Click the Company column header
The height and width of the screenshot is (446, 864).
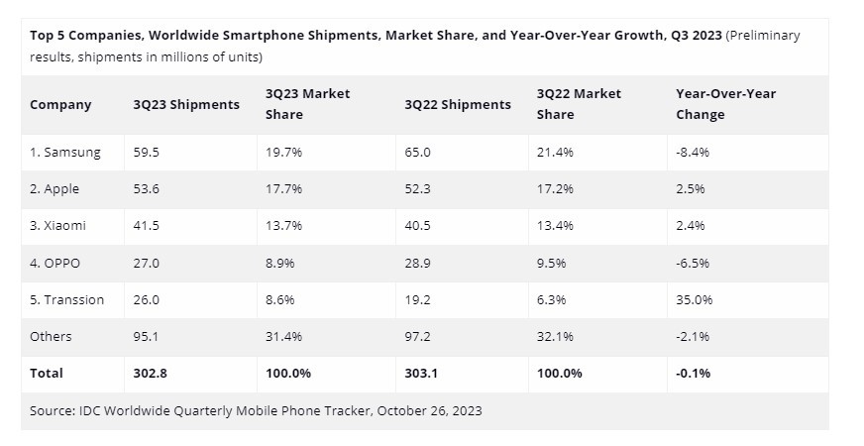[x=60, y=104]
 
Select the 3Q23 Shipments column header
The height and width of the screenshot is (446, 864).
[x=186, y=104]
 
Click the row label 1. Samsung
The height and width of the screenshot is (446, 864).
[x=65, y=152]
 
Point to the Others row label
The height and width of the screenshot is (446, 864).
[x=51, y=336]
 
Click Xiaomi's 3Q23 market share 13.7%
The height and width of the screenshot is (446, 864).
[x=285, y=225]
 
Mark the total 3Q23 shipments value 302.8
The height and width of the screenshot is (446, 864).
[x=153, y=373]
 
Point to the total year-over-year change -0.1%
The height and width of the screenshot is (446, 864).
[x=693, y=373]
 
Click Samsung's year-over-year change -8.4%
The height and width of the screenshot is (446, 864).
[x=693, y=152]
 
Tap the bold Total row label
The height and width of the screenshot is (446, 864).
[x=47, y=373]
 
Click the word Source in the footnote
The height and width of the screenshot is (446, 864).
[x=53, y=410]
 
